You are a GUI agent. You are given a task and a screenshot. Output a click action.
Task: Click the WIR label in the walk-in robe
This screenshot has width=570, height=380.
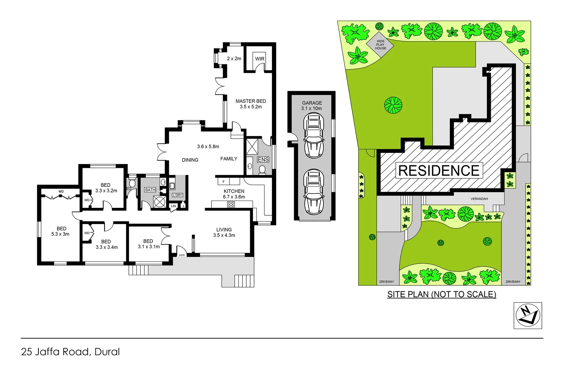(260, 59)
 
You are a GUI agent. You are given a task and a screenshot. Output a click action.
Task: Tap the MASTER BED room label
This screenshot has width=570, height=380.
(251, 101)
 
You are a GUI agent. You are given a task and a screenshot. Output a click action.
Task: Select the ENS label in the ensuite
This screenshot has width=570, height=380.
(263, 160)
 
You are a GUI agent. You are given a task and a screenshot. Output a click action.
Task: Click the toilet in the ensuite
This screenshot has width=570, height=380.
(262, 170)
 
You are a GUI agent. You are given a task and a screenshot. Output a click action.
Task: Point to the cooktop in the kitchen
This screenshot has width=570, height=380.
(231, 204)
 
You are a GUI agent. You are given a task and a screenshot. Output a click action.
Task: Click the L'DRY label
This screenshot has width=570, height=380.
(177, 195)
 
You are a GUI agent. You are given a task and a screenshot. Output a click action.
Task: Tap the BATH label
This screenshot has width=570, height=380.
(150, 190)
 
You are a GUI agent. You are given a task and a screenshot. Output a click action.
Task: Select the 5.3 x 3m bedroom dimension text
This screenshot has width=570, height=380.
(61, 234)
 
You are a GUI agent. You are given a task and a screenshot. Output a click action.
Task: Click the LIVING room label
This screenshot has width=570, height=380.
(224, 229)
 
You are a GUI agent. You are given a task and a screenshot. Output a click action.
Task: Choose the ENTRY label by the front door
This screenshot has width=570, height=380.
(182, 255)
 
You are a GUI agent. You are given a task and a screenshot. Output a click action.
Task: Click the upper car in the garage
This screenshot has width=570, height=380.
(313, 135)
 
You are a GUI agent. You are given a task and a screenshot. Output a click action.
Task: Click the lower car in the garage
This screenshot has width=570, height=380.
(313, 192)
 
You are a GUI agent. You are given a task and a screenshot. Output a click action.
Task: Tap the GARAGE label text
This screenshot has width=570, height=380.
(312, 103)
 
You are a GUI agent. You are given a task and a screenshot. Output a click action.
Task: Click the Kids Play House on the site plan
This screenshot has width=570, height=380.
(380, 45)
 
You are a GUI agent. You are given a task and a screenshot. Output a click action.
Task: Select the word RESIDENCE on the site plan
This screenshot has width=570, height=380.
(439, 171)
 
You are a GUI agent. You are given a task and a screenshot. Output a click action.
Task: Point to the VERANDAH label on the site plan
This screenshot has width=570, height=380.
(479, 199)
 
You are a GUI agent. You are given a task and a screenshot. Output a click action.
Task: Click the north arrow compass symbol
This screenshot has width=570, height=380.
(527, 316)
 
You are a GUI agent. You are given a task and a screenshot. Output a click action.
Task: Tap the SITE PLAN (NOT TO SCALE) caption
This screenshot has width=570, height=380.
(442, 294)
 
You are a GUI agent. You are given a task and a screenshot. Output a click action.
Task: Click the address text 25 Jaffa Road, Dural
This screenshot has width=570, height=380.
(70, 352)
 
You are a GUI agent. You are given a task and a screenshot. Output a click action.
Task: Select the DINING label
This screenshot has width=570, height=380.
(190, 160)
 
